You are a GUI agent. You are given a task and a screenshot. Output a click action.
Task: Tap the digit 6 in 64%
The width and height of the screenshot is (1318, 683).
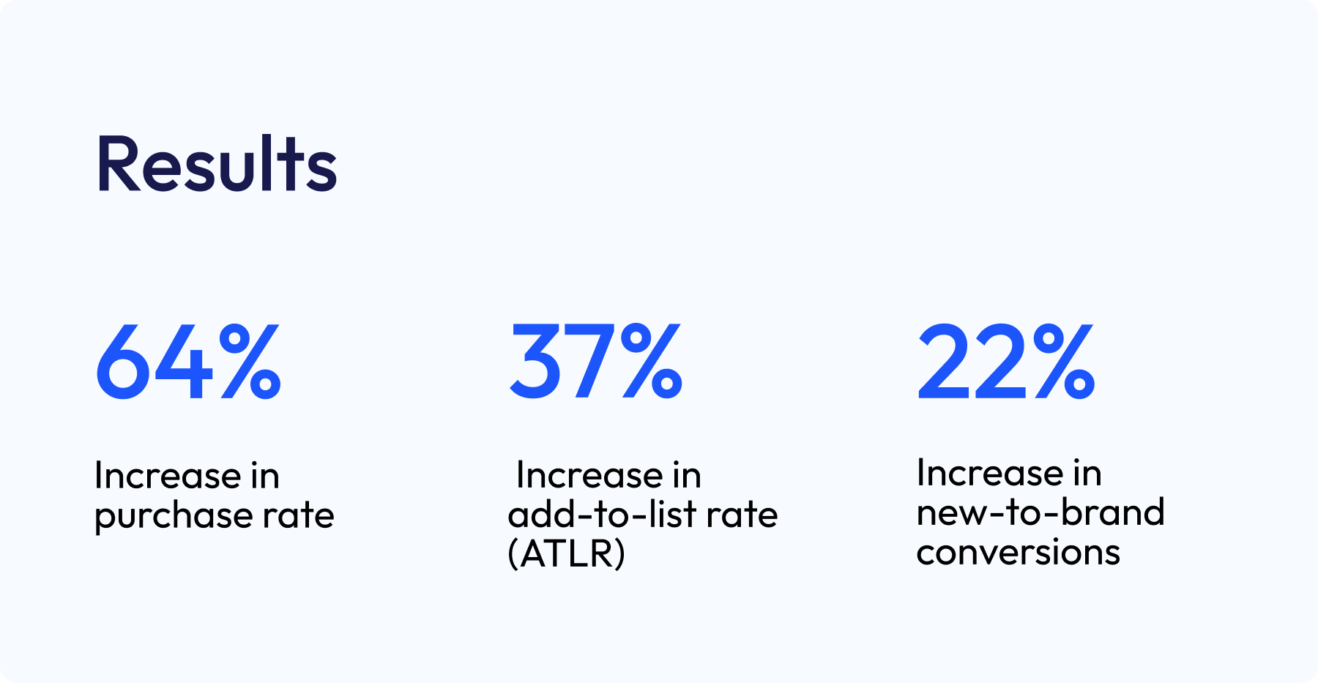tap(123, 362)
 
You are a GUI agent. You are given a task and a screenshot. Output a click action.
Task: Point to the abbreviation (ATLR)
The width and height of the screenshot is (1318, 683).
tap(567, 553)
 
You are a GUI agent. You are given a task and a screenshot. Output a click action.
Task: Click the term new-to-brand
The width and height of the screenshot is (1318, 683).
tap(1040, 512)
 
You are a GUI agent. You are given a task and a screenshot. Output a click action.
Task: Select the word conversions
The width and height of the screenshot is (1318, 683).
tap(1018, 552)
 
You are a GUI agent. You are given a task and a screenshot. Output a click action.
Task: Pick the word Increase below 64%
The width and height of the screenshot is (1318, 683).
tap(168, 476)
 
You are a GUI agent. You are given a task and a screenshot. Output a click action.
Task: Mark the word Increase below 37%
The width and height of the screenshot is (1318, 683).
tap(589, 475)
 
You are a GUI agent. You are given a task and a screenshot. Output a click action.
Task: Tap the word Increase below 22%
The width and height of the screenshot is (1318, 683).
tap(990, 473)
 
